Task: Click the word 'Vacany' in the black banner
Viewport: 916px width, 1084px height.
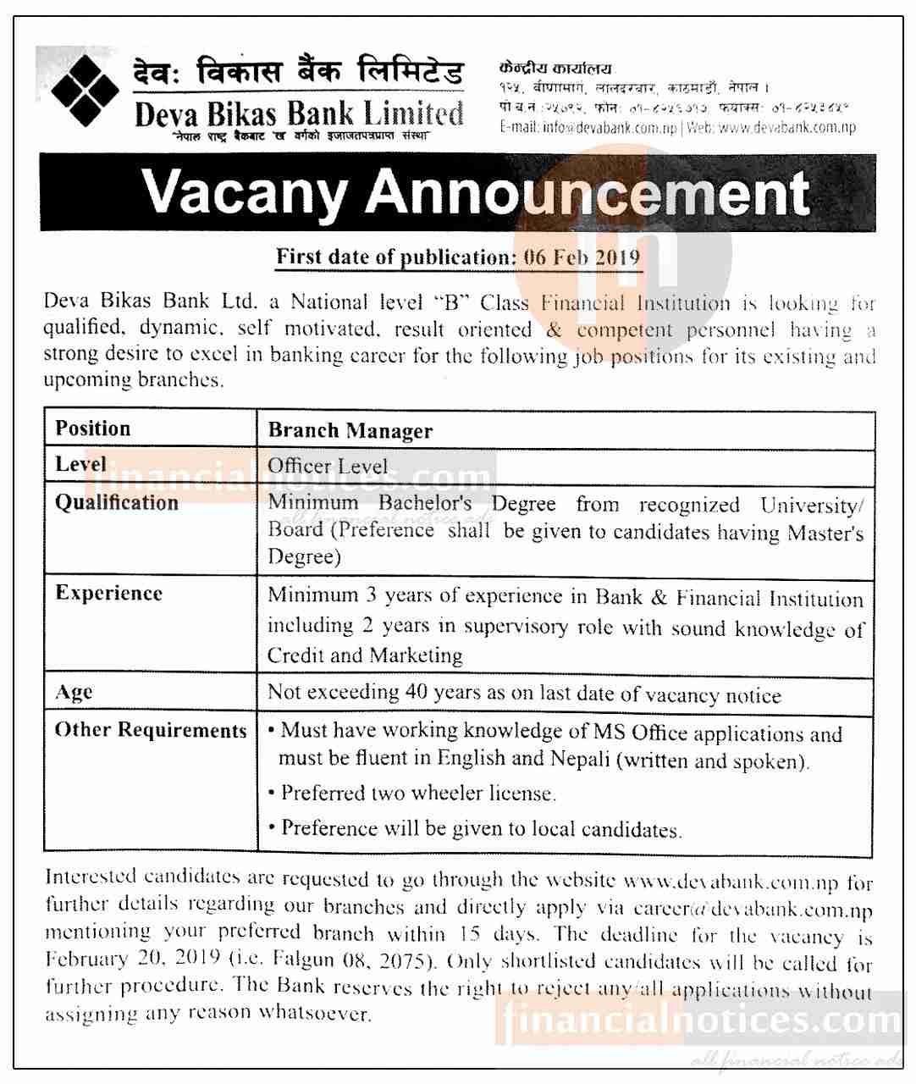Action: click(x=245, y=192)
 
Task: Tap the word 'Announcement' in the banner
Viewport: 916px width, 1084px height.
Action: click(x=588, y=192)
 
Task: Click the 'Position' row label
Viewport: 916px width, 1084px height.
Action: click(x=93, y=429)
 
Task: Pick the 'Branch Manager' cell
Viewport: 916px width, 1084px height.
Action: click(x=350, y=430)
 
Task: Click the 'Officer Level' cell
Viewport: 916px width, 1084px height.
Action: click(x=328, y=466)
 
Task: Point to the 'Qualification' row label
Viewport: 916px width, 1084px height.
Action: click(x=117, y=503)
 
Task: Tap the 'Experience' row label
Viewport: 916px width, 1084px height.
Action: click(x=108, y=593)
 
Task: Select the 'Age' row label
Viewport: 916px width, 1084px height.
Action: click(x=74, y=693)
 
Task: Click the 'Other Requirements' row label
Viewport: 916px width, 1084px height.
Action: click(x=151, y=730)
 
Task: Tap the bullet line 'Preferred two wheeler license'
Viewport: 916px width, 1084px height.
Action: click(x=417, y=794)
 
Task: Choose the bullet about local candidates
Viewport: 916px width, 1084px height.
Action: click(x=480, y=828)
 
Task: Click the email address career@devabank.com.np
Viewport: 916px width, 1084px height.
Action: click(x=753, y=910)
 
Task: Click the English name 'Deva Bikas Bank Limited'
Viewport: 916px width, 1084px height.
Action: click(x=299, y=113)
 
